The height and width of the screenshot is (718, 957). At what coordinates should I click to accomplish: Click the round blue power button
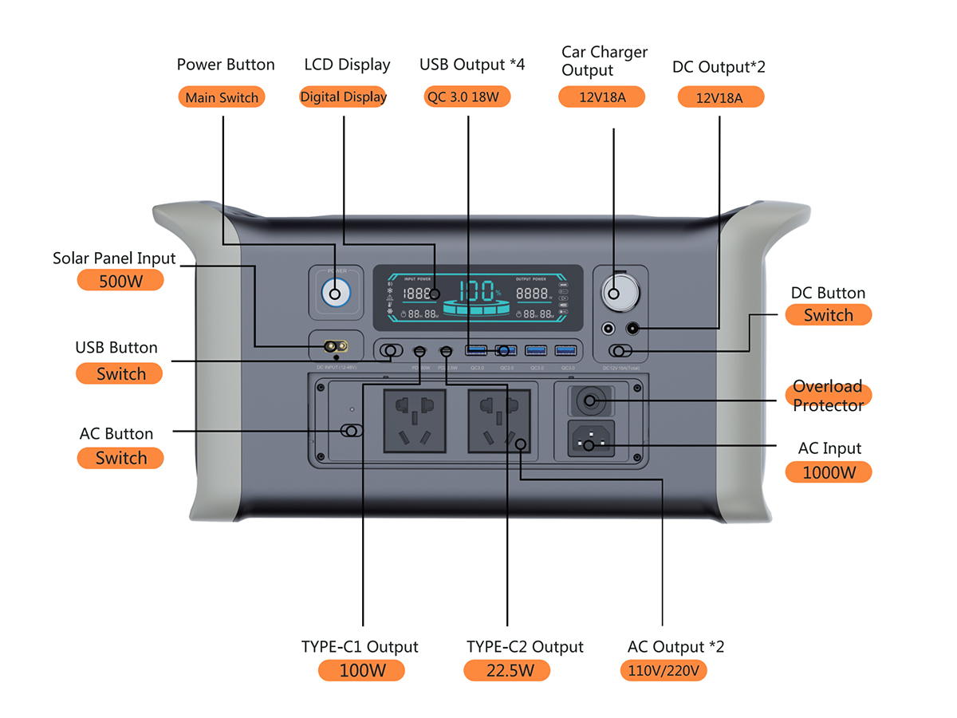tap(335, 294)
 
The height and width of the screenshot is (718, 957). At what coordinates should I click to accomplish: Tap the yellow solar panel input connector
tap(335, 346)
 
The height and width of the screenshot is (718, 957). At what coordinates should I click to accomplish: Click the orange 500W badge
tap(120, 281)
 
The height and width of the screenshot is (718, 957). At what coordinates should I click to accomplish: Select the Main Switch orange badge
tap(222, 97)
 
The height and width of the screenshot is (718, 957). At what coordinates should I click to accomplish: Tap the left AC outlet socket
tap(414, 420)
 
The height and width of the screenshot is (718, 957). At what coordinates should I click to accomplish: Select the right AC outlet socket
tap(498, 420)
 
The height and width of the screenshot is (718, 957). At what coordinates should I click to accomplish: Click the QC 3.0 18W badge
tap(467, 97)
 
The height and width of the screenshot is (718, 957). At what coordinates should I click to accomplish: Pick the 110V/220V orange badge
tap(663, 670)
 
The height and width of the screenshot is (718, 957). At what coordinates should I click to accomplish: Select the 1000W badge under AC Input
tap(829, 472)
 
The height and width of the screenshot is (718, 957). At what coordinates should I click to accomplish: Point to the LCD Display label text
tap(347, 65)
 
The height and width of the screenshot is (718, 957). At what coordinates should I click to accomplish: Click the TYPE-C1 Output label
tap(360, 646)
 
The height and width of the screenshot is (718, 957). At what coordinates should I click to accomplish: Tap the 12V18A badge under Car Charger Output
tap(601, 97)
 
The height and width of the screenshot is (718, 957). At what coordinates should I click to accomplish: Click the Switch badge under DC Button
tap(829, 315)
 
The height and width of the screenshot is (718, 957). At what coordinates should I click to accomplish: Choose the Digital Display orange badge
tap(343, 97)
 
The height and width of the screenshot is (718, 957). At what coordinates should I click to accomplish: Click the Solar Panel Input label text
tap(114, 258)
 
